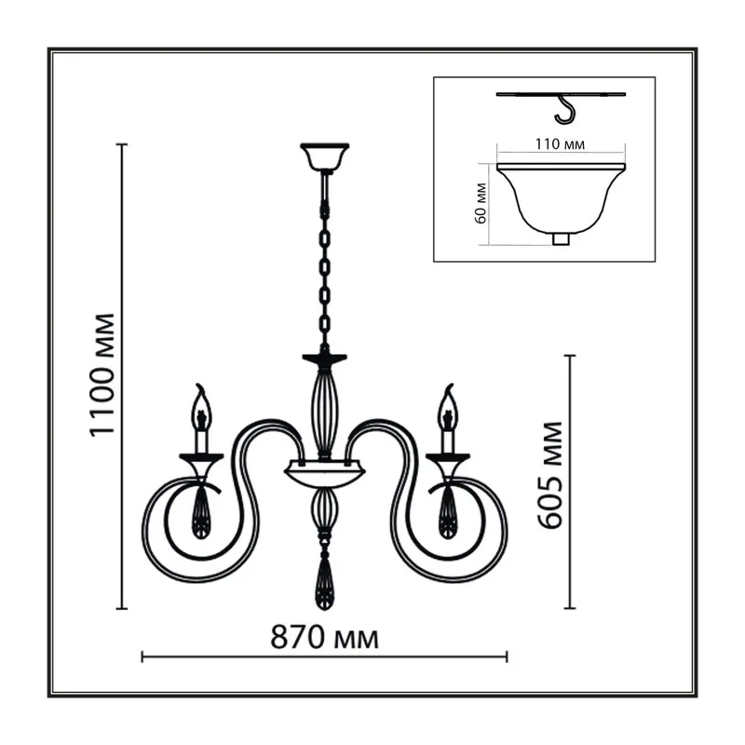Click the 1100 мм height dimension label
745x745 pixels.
click(x=102, y=374)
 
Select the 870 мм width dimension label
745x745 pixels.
click(x=324, y=638)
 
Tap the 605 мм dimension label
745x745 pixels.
click(x=549, y=475)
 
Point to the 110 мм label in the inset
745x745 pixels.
click(x=560, y=144)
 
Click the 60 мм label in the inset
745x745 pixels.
click(x=481, y=203)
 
